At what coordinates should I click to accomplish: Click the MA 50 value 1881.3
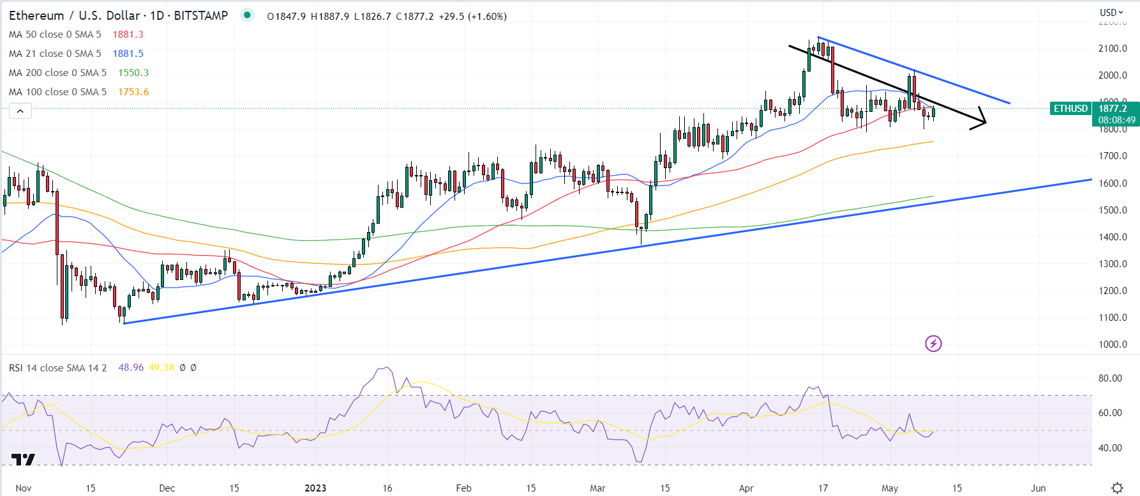[x=128, y=35]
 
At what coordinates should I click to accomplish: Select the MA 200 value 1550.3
[x=133, y=73]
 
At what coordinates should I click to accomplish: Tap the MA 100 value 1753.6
[x=133, y=92]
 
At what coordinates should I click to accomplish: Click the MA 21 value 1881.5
[x=128, y=54]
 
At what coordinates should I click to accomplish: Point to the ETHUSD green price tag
[x=1070, y=109]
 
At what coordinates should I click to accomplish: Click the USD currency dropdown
[x=1111, y=12]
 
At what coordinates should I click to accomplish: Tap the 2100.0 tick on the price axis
[x=1113, y=49]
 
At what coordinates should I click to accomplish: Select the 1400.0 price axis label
[x=1113, y=237]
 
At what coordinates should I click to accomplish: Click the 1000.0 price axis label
[x=1113, y=345]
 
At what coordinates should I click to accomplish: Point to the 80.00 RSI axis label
[x=1110, y=378]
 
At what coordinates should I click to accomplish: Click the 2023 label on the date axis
[x=315, y=488]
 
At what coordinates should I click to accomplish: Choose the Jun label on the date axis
[x=1039, y=488]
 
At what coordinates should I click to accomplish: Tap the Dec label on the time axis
[x=167, y=488]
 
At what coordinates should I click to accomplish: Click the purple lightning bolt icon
[x=933, y=344]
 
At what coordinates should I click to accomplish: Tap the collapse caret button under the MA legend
[x=20, y=111]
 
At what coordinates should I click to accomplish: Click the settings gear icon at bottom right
[x=1117, y=488]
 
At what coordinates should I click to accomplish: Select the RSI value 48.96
[x=131, y=368]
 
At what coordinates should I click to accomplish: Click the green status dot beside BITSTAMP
[x=247, y=15]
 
